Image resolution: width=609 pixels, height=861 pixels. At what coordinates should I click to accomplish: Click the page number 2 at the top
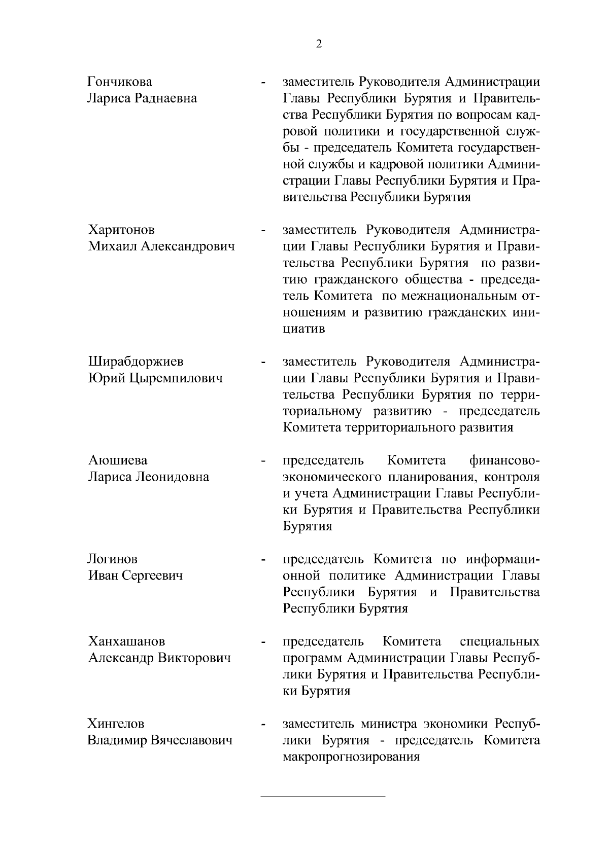pos(319,44)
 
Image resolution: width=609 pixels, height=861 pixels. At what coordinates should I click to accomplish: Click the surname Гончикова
pos(120,82)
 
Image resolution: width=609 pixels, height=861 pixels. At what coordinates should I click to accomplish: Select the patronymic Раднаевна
pos(165,98)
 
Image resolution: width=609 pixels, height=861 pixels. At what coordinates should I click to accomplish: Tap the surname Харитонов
pos(121,230)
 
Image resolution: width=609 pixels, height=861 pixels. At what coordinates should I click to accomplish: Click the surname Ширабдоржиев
pos(136,362)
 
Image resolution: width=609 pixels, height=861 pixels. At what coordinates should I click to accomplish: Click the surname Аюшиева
pos(118,460)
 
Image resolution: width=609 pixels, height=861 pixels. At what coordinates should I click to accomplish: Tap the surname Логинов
pos(113,559)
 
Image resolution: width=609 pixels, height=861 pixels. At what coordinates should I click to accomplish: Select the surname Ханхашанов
pos(126,641)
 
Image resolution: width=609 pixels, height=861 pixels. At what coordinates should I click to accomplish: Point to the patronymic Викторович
pos(194,658)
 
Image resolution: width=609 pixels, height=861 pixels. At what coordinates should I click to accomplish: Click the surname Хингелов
pos(116,724)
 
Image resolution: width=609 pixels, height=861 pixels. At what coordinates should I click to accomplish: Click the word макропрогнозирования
pos(351,757)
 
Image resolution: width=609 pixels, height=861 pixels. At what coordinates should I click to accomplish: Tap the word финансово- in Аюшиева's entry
pos(504,460)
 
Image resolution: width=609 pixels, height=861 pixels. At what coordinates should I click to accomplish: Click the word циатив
pos(303,329)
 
